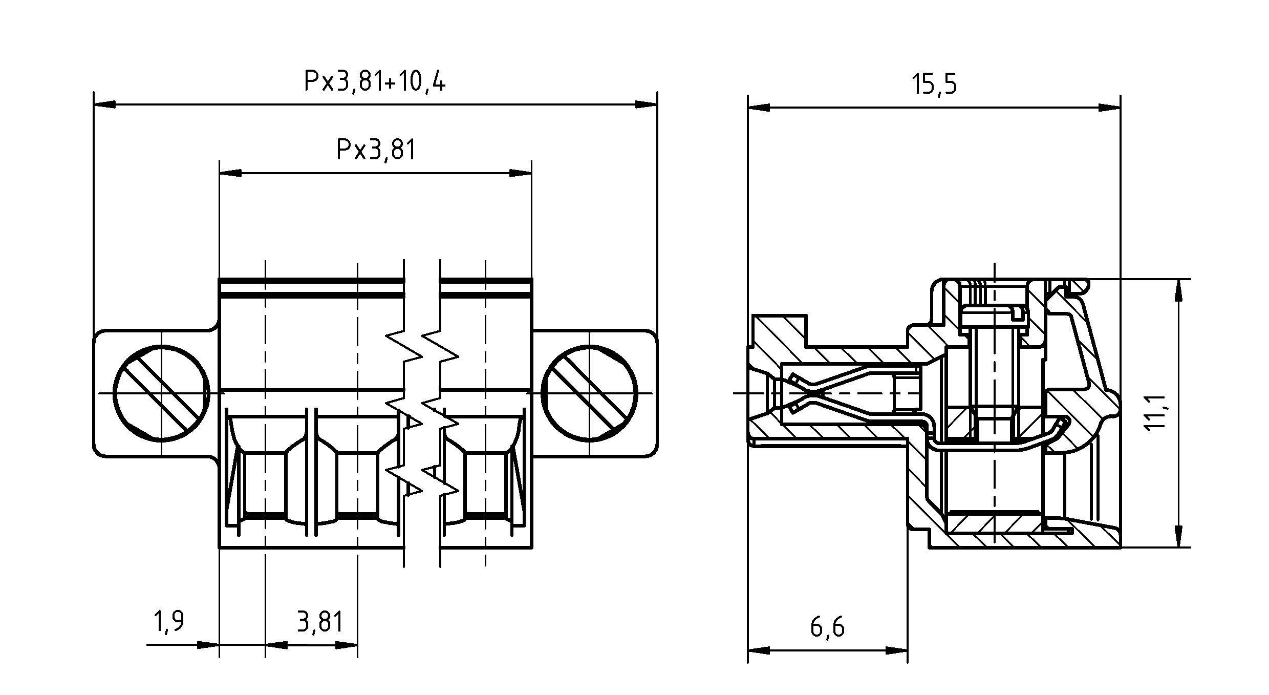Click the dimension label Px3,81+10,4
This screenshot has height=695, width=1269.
point(375,81)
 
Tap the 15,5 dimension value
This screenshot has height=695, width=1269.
point(934,85)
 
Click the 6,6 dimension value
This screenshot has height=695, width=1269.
point(827,627)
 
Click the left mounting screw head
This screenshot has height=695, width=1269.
point(161,393)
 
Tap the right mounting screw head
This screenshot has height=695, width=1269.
point(590,393)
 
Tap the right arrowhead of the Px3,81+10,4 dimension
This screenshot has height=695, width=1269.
point(646,104)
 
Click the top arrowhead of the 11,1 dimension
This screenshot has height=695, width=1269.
point(1179,289)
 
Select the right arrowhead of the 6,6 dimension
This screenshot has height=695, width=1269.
point(897,651)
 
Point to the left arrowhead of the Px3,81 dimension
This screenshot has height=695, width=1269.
point(230,173)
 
